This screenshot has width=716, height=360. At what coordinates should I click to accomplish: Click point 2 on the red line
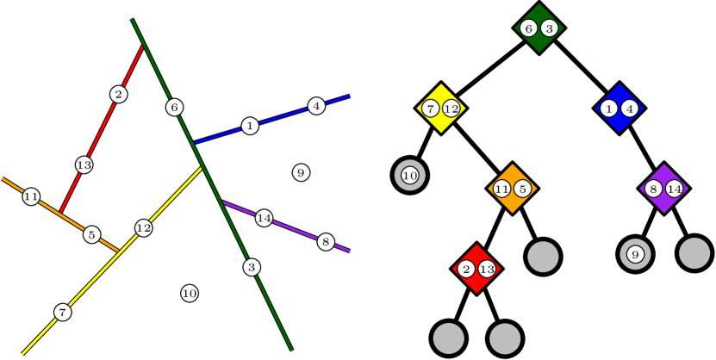118,94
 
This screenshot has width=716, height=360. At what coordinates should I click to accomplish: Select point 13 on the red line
84,164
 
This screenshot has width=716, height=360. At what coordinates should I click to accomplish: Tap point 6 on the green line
174,107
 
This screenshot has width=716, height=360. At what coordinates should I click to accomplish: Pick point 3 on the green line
251,267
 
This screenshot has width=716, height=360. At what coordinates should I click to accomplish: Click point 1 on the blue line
250,126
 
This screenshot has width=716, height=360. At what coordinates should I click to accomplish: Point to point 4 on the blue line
316,106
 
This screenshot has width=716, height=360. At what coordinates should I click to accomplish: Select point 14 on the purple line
264,219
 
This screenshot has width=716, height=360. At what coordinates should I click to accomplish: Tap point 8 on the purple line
325,241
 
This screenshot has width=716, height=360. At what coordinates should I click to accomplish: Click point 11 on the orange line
31,196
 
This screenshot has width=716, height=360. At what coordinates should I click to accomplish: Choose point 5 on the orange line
91,234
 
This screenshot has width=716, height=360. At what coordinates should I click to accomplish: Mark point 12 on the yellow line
143,227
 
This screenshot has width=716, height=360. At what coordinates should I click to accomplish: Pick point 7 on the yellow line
62,312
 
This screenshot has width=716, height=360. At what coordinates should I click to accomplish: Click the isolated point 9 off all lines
301,173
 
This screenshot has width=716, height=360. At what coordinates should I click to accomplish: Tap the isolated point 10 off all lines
190,294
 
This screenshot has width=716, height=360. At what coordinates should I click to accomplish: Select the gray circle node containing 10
410,176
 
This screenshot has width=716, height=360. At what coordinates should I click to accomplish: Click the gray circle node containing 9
635,254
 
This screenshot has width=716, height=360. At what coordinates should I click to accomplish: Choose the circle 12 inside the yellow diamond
451,109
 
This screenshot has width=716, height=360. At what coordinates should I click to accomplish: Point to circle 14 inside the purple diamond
674,189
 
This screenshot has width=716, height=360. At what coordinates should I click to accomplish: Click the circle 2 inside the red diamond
466,270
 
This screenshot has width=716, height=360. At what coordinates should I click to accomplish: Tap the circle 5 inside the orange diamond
522,189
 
